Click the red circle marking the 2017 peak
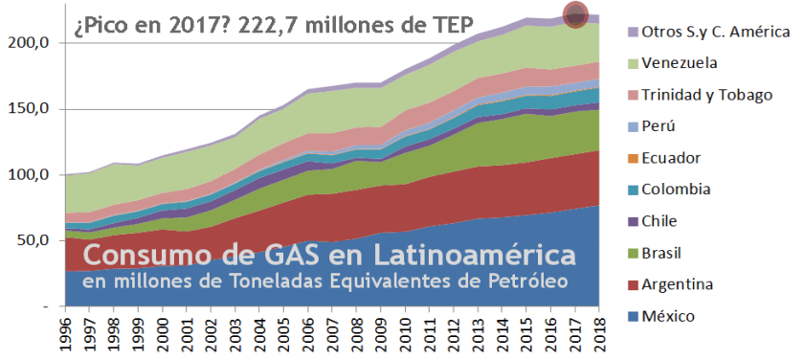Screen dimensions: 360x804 point(575,15)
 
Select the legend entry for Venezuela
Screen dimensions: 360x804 point(679,63)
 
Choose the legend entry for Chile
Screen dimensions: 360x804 point(666,221)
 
